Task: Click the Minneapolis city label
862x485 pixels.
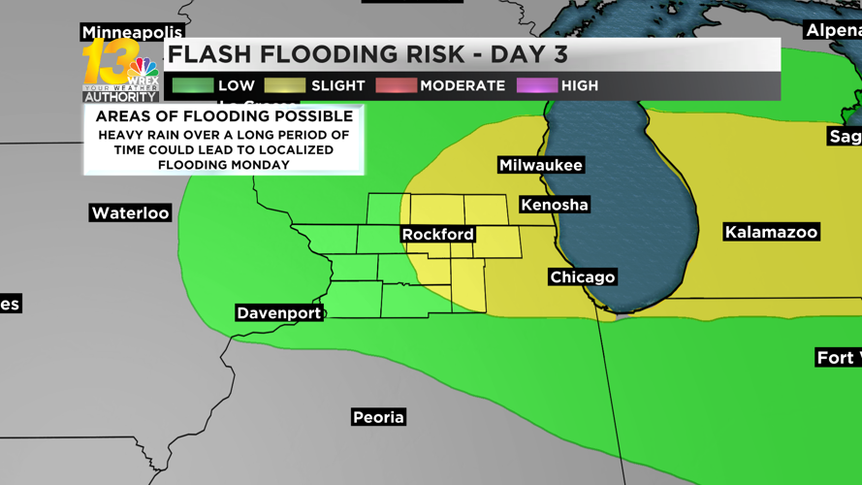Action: click(x=132, y=32)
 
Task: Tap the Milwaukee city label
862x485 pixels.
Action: click(x=541, y=165)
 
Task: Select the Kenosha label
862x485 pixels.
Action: click(x=555, y=205)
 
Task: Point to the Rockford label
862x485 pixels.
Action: click(x=438, y=235)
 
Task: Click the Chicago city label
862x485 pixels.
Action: click(x=583, y=277)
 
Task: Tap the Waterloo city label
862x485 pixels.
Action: click(x=130, y=213)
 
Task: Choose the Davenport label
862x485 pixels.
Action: click(x=279, y=313)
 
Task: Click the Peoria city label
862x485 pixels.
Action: click(x=378, y=417)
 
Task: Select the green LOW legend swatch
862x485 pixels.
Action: click(x=193, y=85)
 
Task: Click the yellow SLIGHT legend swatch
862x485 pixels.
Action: click(x=285, y=85)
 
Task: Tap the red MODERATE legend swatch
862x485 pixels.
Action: click(x=396, y=85)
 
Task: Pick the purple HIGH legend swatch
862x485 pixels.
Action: click(x=536, y=85)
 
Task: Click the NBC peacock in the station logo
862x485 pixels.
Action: click(x=144, y=69)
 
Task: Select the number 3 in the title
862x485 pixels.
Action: click(x=559, y=54)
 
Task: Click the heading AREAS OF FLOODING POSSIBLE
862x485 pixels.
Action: click(x=224, y=116)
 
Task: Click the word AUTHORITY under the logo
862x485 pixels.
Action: click(x=121, y=97)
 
